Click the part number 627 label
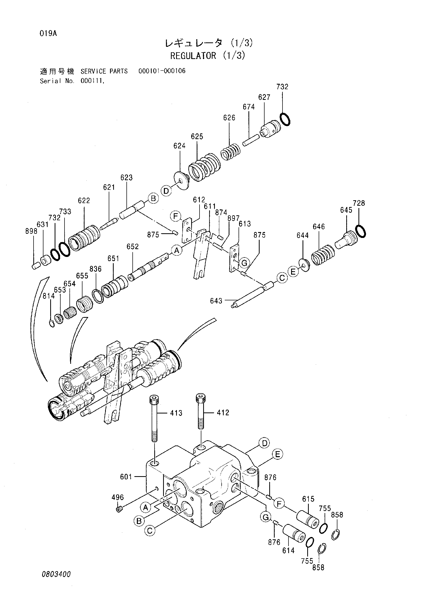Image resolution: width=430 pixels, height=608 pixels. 264,97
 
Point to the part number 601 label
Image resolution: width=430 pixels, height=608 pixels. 126,477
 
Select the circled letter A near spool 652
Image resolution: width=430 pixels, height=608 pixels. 177,250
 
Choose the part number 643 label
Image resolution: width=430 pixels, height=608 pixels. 216,301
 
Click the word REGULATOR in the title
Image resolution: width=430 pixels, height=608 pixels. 193,56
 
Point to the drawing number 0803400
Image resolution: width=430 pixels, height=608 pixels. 56,574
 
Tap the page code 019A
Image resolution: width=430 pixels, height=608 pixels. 48,34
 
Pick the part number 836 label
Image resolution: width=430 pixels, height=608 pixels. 95,269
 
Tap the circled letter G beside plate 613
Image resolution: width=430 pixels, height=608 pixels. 244,263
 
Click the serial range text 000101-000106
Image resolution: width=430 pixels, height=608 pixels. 162,71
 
